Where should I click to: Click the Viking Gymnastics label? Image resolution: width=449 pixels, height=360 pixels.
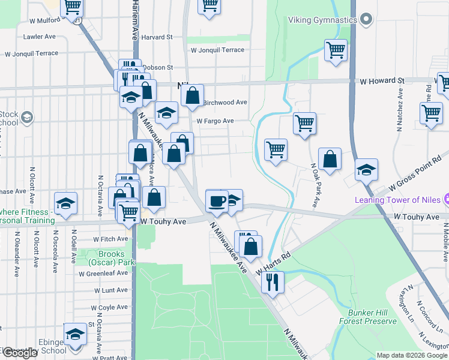(314, 20)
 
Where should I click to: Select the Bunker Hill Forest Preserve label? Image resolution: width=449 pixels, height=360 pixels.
(373, 317)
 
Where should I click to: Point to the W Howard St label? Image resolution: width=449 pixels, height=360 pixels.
(382, 80)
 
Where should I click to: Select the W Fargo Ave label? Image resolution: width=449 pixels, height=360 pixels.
(217, 121)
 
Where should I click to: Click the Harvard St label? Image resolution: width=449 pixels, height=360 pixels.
(157, 37)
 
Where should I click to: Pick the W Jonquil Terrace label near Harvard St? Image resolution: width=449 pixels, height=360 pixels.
(215, 50)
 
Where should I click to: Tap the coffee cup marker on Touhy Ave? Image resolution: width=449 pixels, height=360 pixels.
(216, 201)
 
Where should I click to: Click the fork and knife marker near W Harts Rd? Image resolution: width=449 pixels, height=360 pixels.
(273, 281)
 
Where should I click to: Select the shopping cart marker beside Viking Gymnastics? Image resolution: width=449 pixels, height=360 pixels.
(336, 50)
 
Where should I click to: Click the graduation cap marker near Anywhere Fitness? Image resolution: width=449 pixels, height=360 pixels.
(65, 203)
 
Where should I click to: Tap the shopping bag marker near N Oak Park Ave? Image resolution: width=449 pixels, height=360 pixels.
(330, 159)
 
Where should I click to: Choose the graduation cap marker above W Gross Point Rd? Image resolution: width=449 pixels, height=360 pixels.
(366, 170)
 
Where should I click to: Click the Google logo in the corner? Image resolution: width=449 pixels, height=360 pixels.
(20, 353)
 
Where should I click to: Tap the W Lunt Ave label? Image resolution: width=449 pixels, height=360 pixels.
(112, 290)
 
